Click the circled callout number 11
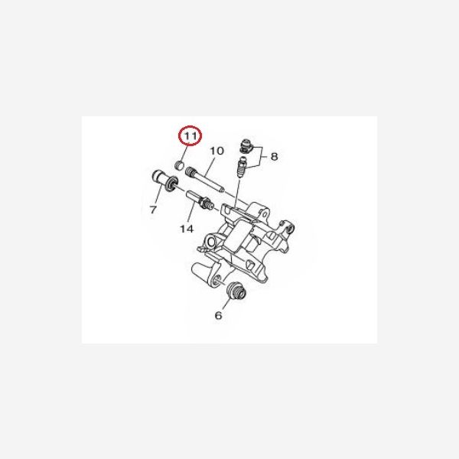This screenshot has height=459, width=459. (x=190, y=136)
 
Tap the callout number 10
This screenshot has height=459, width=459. (x=217, y=151)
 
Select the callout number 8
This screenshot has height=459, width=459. (x=274, y=157)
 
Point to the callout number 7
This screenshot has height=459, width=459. (x=153, y=210)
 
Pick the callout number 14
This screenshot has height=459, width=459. (x=187, y=229)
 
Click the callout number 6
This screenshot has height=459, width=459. (x=218, y=315)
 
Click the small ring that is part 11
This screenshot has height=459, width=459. (x=179, y=164)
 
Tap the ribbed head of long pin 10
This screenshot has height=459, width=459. (x=190, y=171)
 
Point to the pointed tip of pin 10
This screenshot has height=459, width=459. (x=224, y=192)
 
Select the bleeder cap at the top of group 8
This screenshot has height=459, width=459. (x=246, y=146)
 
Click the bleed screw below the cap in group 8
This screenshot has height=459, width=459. (x=242, y=167)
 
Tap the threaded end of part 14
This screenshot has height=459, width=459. (x=207, y=203)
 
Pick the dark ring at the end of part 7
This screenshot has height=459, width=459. (x=171, y=184)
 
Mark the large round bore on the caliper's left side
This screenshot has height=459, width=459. (x=211, y=242)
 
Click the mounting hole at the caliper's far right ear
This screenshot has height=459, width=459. (x=291, y=228)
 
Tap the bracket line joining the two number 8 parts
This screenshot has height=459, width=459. (x=257, y=157)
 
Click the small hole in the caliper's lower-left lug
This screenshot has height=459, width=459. (x=217, y=278)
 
